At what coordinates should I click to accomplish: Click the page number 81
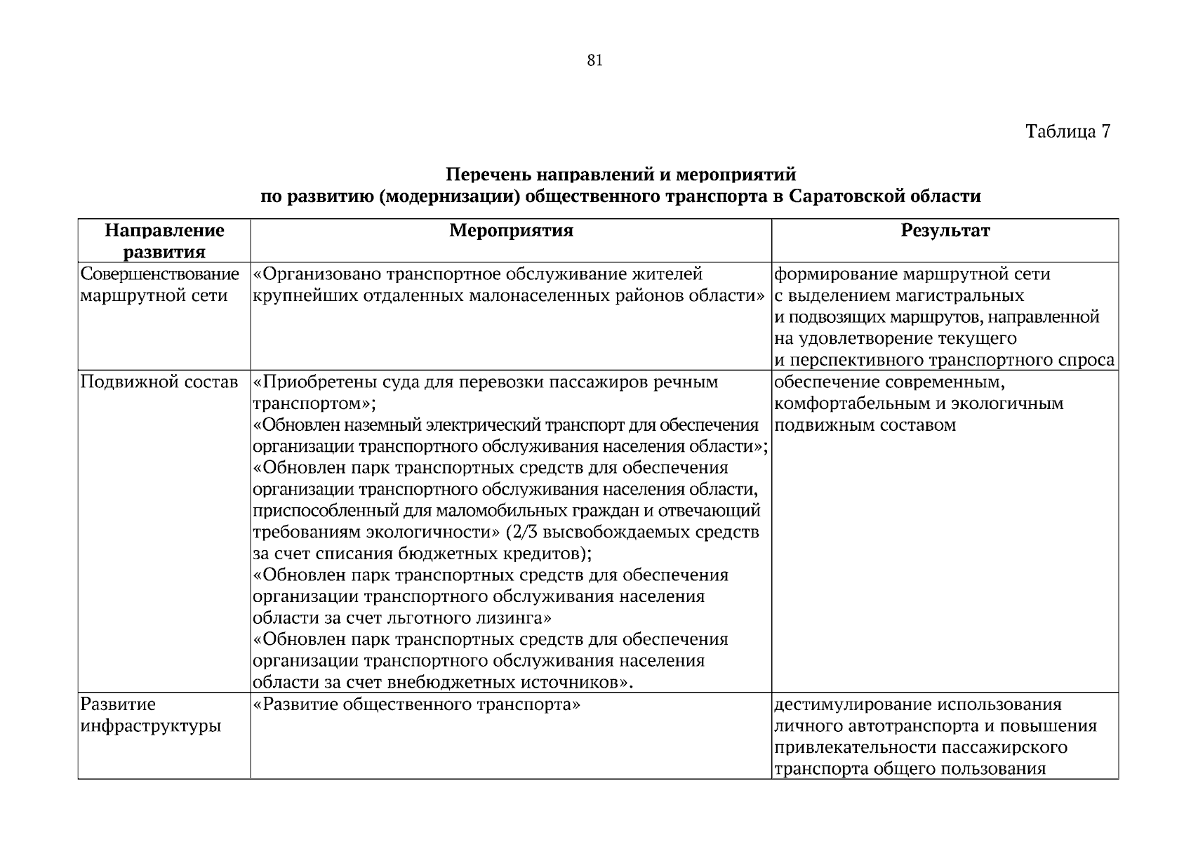point(594,61)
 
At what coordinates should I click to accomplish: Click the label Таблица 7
point(1067,131)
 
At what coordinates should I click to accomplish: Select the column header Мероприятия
point(511,231)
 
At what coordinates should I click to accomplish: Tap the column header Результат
point(945,231)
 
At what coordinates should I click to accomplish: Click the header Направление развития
point(164,241)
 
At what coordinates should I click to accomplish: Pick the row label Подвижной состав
point(159,382)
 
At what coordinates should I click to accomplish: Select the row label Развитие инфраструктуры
point(151,715)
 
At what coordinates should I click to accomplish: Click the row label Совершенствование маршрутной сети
point(160,284)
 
